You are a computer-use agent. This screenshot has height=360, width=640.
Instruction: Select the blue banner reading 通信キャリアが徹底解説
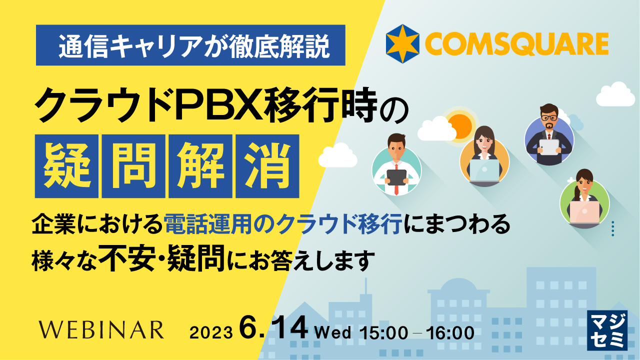pyautogui.click(x=190, y=45)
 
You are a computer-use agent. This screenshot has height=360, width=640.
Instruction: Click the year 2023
pyautogui.click(x=211, y=332)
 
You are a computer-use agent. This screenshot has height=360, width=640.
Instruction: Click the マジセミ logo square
pyautogui.click(x=606, y=330)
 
